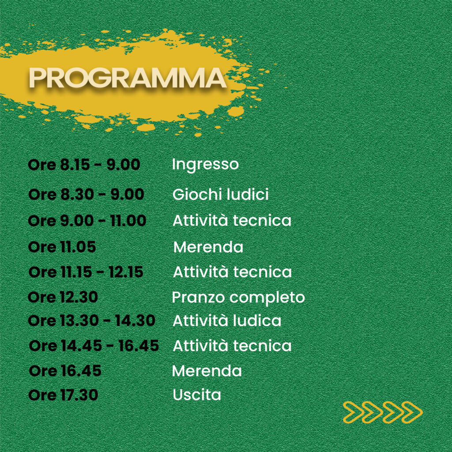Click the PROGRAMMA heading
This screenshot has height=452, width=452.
tap(128, 78)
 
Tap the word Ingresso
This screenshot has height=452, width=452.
tap(205, 165)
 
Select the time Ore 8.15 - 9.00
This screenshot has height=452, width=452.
tap(84, 165)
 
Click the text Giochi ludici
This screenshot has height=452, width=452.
tap(221, 194)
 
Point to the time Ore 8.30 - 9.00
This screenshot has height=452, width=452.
tap(86, 194)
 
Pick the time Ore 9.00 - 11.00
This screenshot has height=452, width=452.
tap(87, 221)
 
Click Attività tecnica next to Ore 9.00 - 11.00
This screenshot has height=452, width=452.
tap(232, 221)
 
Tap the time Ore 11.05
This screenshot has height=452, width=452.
tap(62, 247)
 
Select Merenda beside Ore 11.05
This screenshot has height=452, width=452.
tap(208, 247)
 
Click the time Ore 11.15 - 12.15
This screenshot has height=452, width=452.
tap(86, 272)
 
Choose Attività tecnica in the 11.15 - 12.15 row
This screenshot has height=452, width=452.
tap(232, 272)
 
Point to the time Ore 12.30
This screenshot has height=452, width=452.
tap(63, 297)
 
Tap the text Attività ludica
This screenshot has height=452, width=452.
tap(227, 320)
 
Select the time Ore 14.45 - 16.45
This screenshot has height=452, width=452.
tap(94, 345)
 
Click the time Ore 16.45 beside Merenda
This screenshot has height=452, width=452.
tap(65, 371)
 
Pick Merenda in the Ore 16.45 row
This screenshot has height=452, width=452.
tap(207, 371)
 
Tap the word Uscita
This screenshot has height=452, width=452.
tap(197, 395)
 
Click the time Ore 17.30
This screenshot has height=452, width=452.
tap(63, 395)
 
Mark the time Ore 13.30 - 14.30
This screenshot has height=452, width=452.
tap(92, 320)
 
